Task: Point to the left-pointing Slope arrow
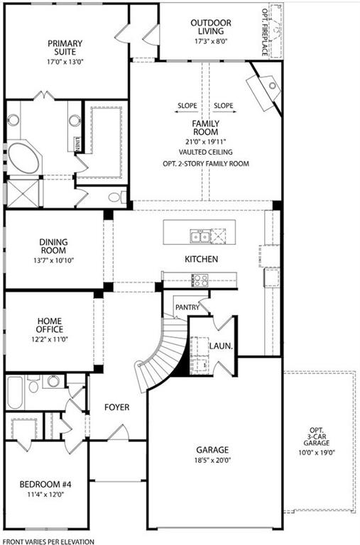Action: (x=181, y=106)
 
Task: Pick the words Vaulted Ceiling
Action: (x=206, y=152)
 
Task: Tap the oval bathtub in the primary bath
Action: (x=25, y=159)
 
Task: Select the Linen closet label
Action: (x=77, y=143)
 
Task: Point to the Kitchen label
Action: (x=201, y=260)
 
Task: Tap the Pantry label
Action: (x=187, y=307)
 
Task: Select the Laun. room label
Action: (x=218, y=346)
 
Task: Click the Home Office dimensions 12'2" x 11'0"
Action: (x=50, y=340)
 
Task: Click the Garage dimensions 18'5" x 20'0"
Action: (x=212, y=461)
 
